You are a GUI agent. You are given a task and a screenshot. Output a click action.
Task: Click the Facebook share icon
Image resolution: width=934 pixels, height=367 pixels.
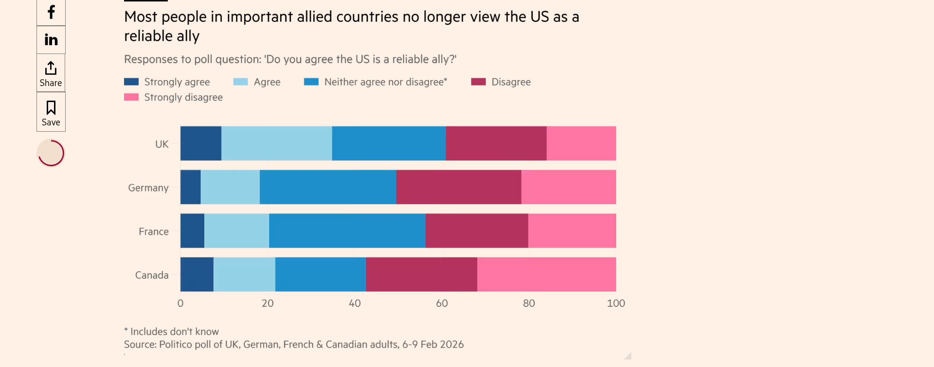point(51,12)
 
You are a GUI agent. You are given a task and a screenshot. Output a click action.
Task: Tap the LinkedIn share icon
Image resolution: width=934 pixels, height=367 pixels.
point(51,40)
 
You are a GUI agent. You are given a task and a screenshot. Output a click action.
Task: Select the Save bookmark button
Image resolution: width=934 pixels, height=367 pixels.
point(51,113)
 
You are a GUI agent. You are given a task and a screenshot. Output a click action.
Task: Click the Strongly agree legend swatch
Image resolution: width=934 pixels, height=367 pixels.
point(131,82)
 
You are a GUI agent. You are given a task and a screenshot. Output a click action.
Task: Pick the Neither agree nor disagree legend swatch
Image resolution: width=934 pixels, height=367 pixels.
point(311,82)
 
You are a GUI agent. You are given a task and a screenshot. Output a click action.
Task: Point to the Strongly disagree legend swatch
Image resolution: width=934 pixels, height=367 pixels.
point(131,97)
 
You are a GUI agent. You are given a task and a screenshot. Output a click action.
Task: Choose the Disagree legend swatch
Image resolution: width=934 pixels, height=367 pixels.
point(478,82)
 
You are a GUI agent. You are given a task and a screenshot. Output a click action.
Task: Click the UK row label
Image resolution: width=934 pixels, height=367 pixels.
point(162,144)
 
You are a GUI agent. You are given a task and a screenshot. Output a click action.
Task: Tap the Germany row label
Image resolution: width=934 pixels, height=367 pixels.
point(148,188)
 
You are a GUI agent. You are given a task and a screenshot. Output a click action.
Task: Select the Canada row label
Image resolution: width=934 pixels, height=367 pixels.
point(152,276)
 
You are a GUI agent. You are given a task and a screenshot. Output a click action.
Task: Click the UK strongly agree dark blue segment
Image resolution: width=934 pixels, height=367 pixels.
point(201,143)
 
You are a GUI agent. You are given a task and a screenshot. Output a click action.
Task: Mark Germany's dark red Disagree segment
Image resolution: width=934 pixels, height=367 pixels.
point(459,187)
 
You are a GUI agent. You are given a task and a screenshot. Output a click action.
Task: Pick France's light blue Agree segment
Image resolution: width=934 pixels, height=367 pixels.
point(236,231)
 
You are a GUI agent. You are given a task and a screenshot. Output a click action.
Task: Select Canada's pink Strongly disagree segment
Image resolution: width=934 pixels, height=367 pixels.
point(546,275)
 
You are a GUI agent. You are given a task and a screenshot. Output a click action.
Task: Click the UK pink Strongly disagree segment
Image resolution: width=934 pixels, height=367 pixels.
point(581,143)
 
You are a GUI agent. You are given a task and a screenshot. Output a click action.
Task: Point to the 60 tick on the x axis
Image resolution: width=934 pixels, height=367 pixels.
point(442,303)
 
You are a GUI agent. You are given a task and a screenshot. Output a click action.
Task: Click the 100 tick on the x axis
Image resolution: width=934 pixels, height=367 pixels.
point(616,303)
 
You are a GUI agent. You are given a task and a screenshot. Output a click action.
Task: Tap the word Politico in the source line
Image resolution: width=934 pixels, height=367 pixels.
point(176,345)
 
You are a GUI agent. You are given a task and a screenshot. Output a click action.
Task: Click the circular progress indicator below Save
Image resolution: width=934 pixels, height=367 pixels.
point(51,153)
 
